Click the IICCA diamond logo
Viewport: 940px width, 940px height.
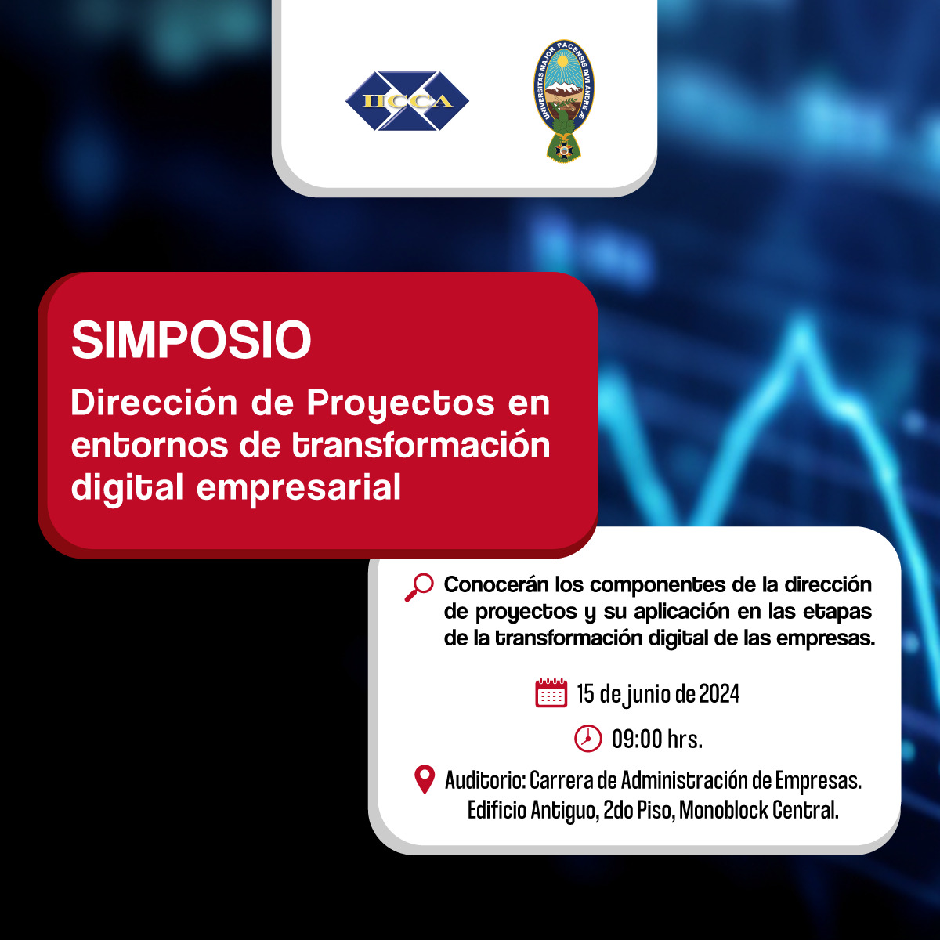click(407, 101)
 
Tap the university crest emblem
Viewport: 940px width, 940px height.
click(563, 101)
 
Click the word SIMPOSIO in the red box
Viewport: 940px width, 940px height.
click(191, 340)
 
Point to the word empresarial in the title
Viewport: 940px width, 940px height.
click(298, 488)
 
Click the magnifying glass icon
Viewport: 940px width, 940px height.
click(419, 587)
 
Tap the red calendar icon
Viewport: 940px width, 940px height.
click(551, 692)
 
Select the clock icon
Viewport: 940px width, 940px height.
click(587, 739)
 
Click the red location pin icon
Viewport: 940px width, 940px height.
click(425, 779)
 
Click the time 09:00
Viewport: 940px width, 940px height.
click(637, 739)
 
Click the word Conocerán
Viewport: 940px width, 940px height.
click(496, 584)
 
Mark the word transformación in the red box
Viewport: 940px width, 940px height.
click(421, 445)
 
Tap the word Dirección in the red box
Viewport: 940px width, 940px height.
click(154, 403)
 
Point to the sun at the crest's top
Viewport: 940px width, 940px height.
click(563, 61)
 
